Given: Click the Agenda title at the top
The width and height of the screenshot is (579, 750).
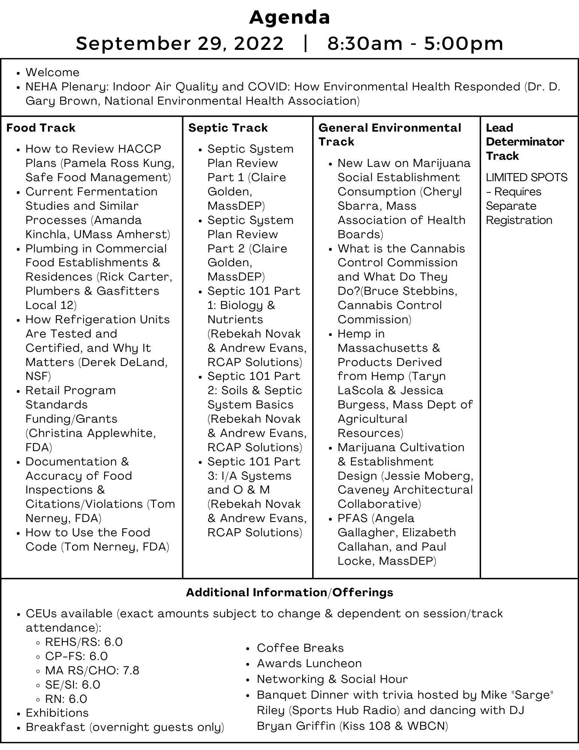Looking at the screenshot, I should pos(289,18).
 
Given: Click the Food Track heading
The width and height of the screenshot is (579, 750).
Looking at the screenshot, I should pos(41,128).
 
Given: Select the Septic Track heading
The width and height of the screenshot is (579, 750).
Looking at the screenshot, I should pos(228,128).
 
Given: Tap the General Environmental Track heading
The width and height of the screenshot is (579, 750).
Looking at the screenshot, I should pos(389,134).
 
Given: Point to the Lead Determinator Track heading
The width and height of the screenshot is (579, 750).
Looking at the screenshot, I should pos(525,142).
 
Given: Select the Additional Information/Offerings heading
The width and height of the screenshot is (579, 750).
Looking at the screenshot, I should pos(289,592).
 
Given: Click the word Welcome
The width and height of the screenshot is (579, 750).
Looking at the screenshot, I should pos(52,72).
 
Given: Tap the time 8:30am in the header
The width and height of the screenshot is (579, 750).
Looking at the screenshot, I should pos(364,43).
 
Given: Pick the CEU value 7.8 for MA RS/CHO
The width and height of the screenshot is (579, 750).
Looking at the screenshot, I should pos(131,670).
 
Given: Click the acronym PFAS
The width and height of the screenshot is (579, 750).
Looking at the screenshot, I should pos(352,518).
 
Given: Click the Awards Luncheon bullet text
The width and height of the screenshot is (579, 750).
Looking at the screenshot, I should pos(309,663).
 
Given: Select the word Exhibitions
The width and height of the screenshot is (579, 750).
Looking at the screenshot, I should pos(57,713).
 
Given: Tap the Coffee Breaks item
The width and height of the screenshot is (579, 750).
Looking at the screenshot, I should pos(300,648).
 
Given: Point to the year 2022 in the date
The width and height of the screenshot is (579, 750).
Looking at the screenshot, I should pos(259,43).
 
